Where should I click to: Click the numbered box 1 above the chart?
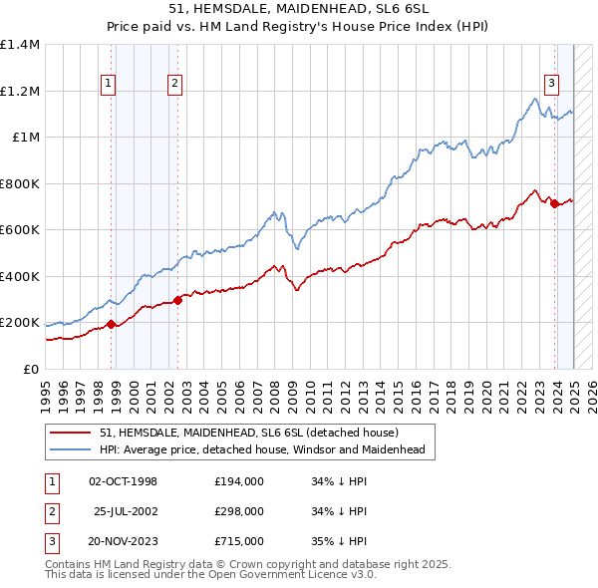point(108,84)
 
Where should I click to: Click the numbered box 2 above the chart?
point(174,84)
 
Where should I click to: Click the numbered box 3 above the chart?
point(551,84)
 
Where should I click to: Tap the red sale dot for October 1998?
point(112,323)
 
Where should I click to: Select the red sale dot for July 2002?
point(178,299)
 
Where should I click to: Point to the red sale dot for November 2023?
point(554,203)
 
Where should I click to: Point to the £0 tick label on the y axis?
point(32,370)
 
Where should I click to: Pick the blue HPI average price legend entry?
point(262,449)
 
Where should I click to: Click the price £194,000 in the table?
point(239,481)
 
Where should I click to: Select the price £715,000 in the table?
point(239,541)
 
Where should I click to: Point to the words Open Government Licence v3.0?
point(302,575)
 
